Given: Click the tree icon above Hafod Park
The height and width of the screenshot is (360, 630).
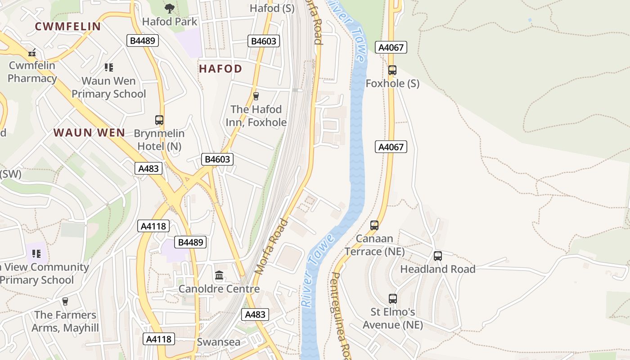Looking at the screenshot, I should click(x=170, y=8).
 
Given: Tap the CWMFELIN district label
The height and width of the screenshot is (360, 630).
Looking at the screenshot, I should click(x=68, y=27).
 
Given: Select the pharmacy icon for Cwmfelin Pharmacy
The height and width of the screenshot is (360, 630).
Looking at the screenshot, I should click(x=32, y=53).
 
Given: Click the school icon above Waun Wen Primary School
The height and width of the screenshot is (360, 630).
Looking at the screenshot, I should click(x=108, y=67).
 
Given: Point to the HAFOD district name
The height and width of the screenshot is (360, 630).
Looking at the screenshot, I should click(x=220, y=69).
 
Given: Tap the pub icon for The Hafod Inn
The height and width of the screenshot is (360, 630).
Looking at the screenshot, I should click(x=256, y=96).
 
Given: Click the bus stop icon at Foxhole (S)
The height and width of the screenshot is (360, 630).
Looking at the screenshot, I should click(x=392, y=70).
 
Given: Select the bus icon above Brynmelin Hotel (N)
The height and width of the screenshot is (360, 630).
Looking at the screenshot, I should click(x=159, y=120).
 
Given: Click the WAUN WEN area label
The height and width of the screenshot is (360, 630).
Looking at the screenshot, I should click(x=89, y=133).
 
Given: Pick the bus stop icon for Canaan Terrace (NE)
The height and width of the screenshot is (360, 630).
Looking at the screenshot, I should click(x=374, y=225).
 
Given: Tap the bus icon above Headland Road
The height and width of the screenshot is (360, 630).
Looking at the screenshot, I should click(x=437, y=256).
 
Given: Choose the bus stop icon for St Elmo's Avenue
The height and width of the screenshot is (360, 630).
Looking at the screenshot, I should click(x=392, y=299).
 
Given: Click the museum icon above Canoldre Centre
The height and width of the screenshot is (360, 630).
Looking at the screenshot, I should click(x=219, y=275).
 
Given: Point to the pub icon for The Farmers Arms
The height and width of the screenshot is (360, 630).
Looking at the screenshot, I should click(x=65, y=301).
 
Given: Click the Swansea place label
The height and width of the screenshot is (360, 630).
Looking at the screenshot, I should click(x=219, y=342).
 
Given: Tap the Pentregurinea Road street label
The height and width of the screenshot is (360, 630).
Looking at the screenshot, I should click(x=341, y=315).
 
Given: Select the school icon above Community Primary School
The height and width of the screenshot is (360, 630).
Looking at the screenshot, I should click(x=36, y=253).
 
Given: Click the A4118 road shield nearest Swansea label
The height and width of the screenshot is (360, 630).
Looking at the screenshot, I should click(x=159, y=339).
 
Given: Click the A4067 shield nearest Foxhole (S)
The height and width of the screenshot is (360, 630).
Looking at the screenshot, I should click(x=391, y=47).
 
